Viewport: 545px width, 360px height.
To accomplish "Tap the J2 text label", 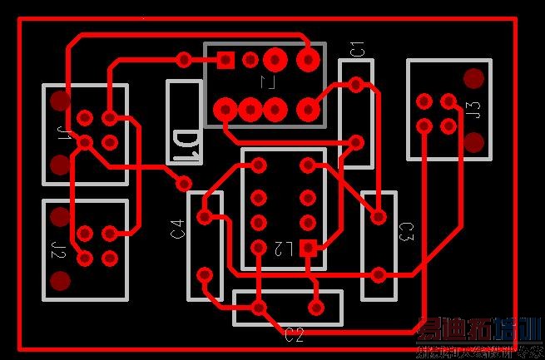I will coord(58,249).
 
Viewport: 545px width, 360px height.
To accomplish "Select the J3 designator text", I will coord(473,110).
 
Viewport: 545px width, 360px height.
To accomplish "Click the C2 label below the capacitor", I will coord(295,335).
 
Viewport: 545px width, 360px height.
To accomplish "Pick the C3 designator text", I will coord(406,232).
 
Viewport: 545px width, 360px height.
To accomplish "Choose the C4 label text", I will coord(177,229).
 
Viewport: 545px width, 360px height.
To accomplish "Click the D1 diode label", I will coord(184,142).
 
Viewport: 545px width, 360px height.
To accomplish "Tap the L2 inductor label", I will coord(283,248).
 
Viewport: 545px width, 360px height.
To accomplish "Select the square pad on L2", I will coord(308,247).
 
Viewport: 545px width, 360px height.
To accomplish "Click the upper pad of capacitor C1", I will coord(357,84).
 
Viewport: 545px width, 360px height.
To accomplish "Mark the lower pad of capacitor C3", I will coord(379,274).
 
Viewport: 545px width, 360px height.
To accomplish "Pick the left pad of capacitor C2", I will coord(259,308).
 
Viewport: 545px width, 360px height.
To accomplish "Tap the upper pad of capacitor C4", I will coord(205,217).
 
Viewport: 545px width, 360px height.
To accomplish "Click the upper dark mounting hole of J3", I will coord(473,79).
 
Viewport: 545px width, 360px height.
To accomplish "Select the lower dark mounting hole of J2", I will coord(60,281).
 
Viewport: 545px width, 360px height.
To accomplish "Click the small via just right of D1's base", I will coord(184,182).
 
